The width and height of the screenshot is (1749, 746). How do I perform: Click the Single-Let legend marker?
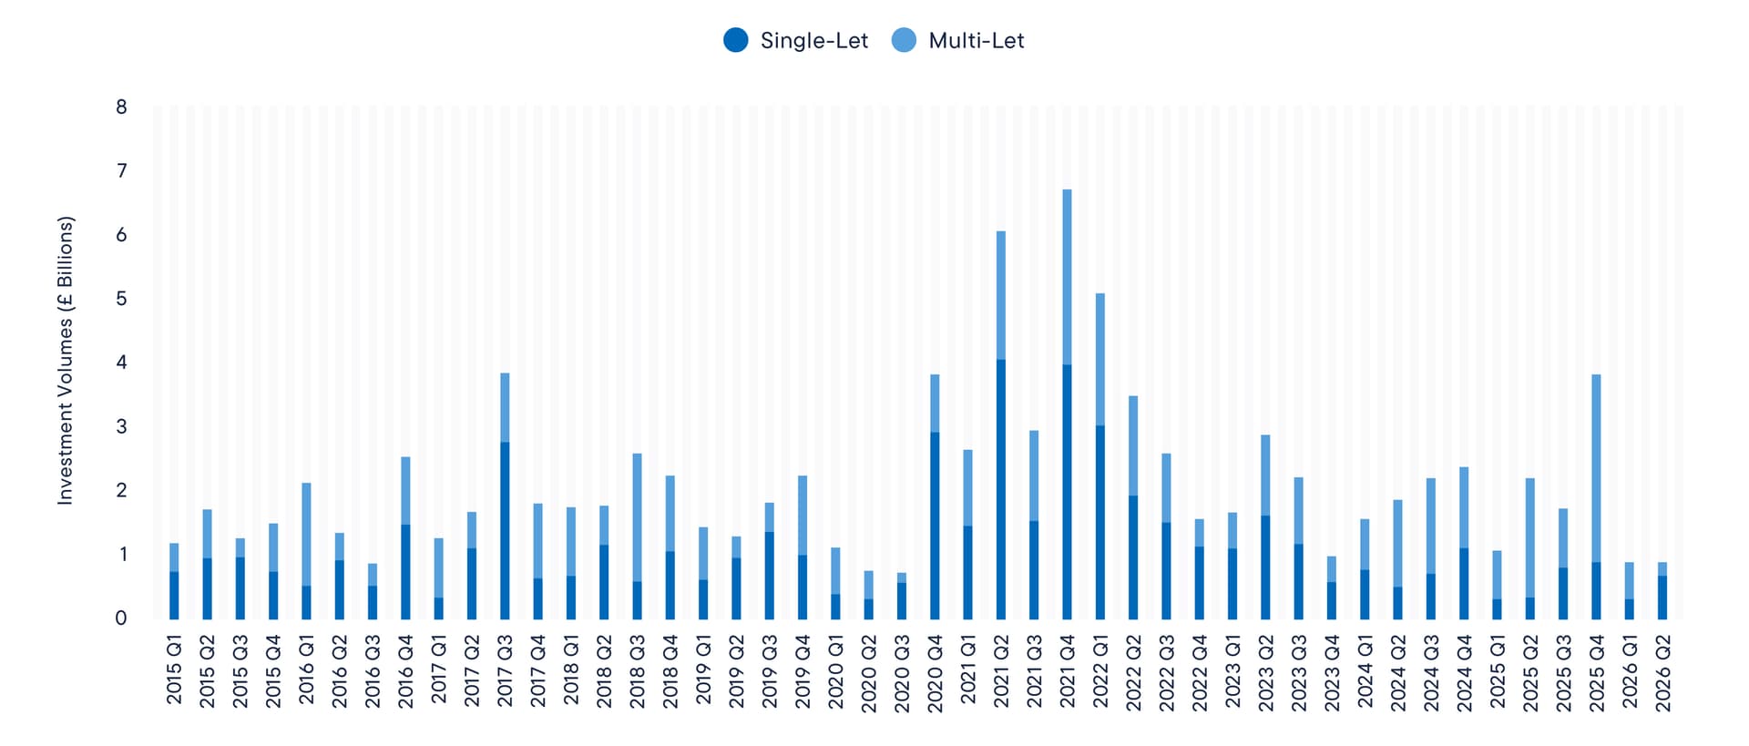(x=735, y=40)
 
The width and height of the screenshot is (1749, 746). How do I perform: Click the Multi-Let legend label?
(x=976, y=41)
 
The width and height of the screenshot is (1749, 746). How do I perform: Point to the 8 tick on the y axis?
(x=121, y=107)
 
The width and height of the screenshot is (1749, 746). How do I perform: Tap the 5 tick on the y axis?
(x=121, y=299)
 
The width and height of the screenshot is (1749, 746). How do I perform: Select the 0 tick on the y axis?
(x=121, y=618)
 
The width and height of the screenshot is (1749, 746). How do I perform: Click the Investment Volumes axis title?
(x=65, y=361)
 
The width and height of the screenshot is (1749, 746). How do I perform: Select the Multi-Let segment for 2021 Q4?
(x=1067, y=277)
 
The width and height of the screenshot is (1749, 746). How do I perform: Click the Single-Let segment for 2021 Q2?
(x=1001, y=489)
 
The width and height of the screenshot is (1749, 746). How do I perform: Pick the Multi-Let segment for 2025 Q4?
(x=1596, y=468)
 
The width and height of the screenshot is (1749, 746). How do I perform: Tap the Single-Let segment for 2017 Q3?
(x=505, y=531)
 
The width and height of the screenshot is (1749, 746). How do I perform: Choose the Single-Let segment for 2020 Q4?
(x=935, y=526)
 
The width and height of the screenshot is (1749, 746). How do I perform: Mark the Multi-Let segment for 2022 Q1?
(x=1100, y=360)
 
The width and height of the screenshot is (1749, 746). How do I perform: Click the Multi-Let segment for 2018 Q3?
(x=637, y=517)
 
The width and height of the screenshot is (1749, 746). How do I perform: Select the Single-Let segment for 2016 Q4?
(x=405, y=572)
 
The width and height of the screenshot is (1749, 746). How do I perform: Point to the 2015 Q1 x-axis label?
(x=174, y=669)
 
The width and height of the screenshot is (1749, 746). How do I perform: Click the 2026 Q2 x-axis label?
(x=1662, y=673)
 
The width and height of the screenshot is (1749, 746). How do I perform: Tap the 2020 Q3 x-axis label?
(x=902, y=673)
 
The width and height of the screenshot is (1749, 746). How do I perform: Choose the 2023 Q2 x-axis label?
(x=1265, y=673)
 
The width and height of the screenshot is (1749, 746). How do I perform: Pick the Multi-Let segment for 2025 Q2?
(x=1530, y=537)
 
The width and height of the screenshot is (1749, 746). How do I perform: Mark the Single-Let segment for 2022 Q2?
(x=1133, y=557)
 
